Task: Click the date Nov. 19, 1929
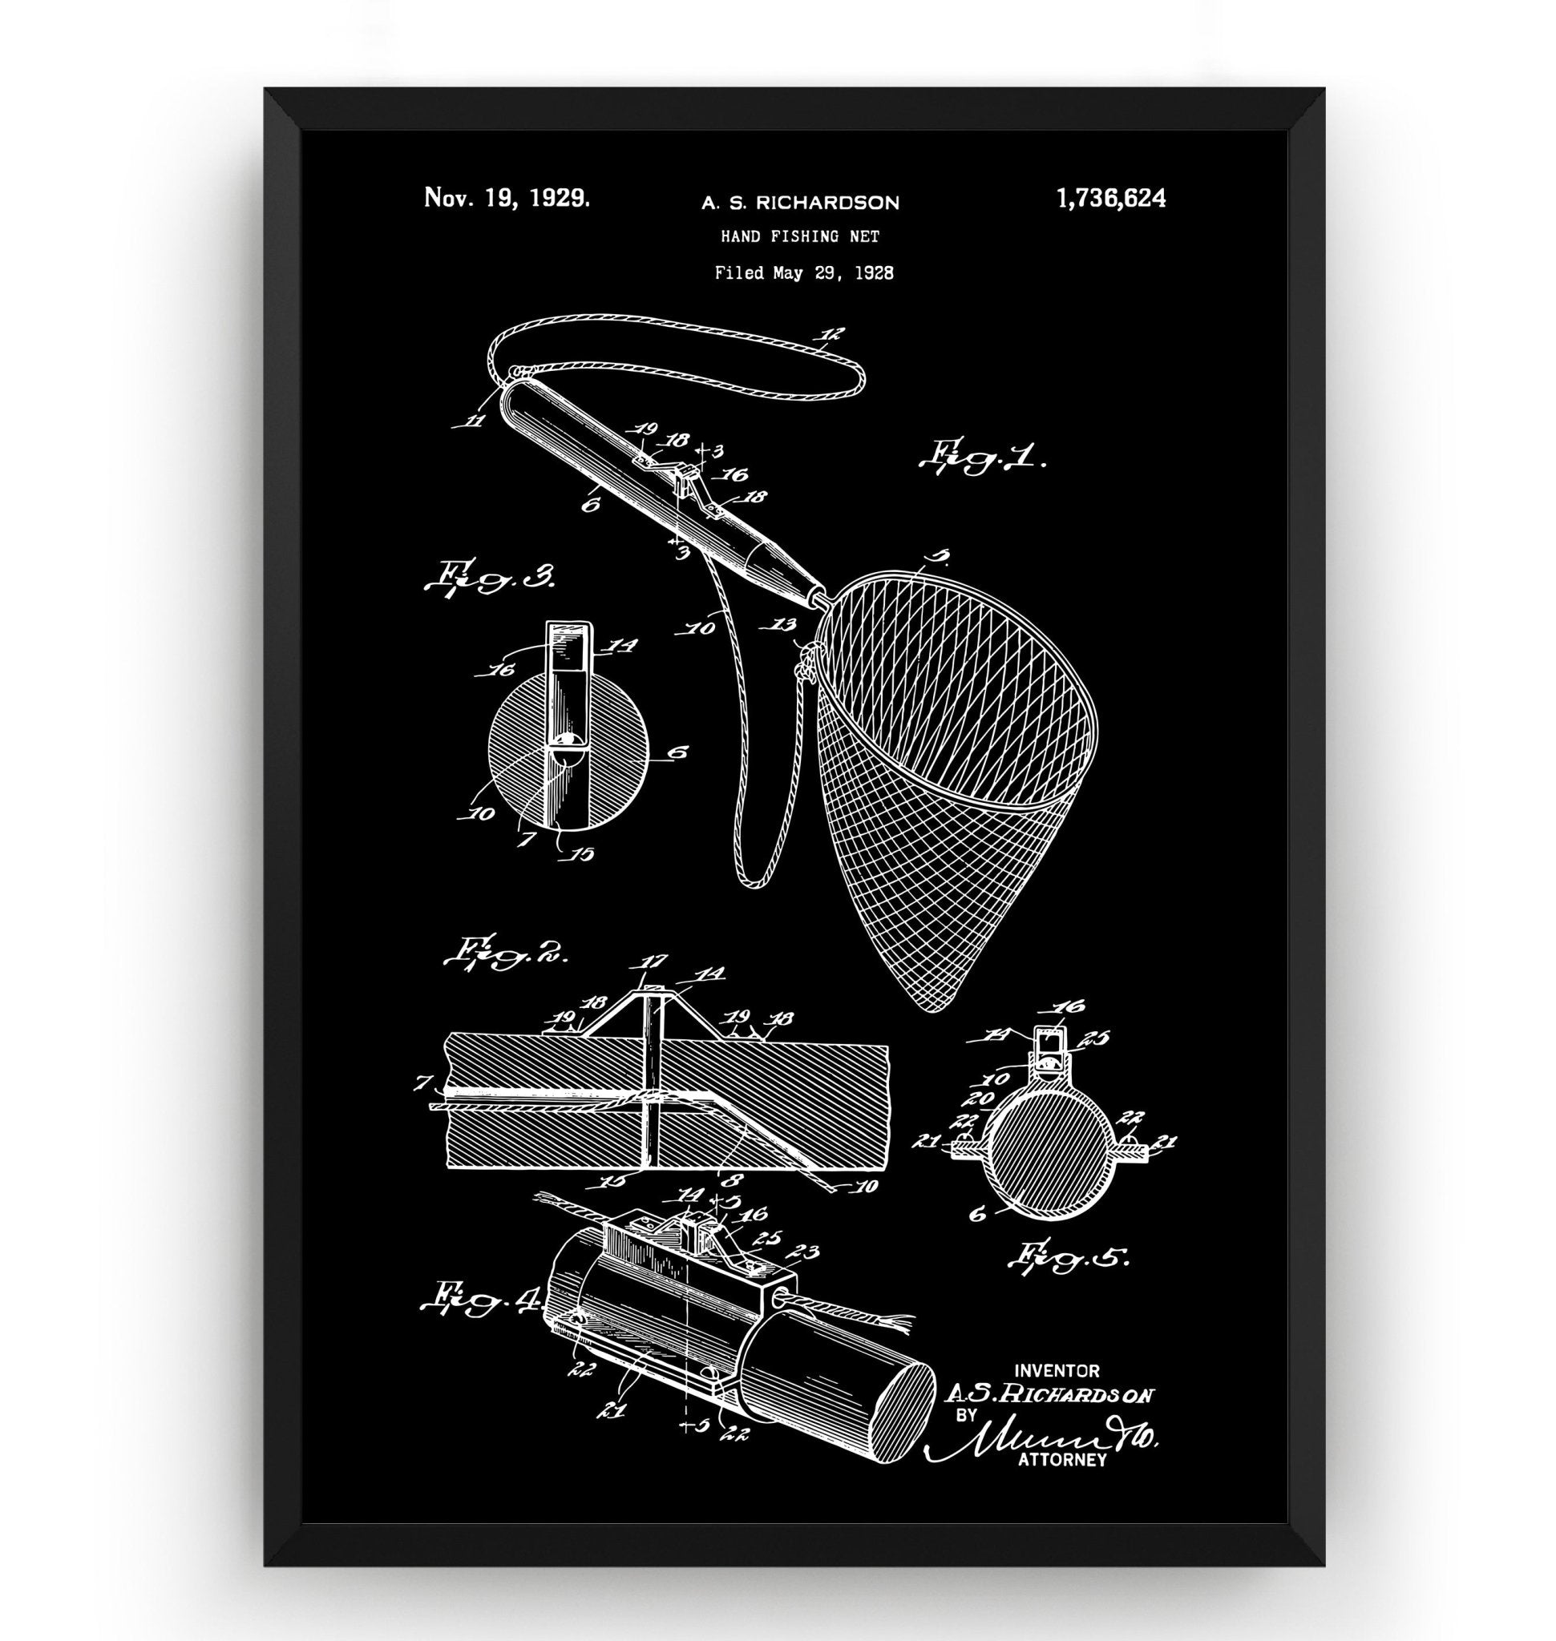(x=507, y=197)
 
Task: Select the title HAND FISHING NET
(x=799, y=236)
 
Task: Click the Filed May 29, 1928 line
(x=804, y=272)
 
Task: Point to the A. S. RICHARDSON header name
(x=800, y=203)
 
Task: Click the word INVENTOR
(x=1057, y=1372)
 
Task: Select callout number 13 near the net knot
(x=784, y=623)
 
